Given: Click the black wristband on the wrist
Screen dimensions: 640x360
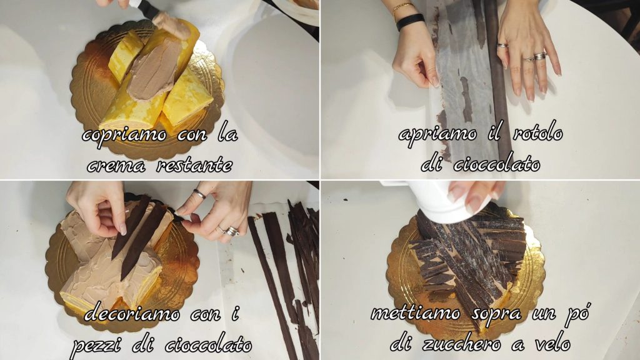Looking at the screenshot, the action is [410, 21].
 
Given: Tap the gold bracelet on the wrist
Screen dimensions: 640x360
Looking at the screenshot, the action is [402, 9].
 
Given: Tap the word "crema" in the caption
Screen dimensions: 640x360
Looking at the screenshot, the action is [116, 166].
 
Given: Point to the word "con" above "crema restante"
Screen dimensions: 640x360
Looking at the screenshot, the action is [192, 136].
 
